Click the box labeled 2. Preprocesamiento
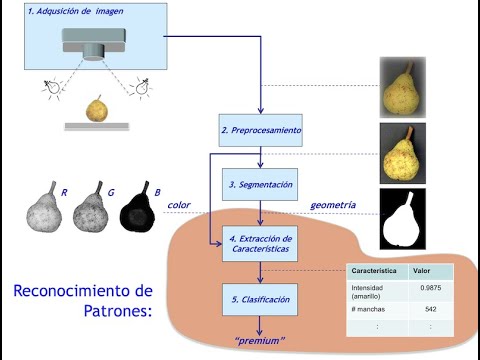tap(260, 130)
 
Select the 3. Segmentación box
tap(260, 185)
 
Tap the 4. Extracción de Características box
tap(260, 243)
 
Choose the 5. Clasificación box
tap(260, 299)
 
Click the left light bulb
tap(49, 88)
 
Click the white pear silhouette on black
tap(403, 218)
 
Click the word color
tap(179, 204)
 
